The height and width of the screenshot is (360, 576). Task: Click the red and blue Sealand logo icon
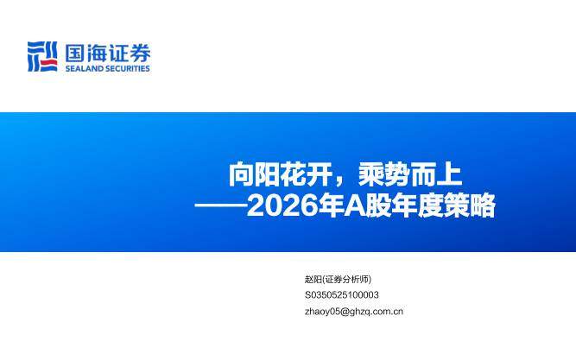[x=42, y=55]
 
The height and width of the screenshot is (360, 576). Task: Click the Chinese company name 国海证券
[x=107, y=52]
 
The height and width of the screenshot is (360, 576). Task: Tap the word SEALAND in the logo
[x=85, y=68]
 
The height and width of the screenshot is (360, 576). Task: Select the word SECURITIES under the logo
[x=128, y=68]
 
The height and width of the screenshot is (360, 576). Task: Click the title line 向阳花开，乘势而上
[x=345, y=176]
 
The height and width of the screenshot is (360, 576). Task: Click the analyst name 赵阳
[x=313, y=279]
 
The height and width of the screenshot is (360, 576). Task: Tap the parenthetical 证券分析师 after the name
[x=348, y=279]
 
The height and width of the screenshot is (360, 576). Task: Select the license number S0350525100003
[x=342, y=295]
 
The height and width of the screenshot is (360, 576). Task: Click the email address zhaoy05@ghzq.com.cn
[x=354, y=312]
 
